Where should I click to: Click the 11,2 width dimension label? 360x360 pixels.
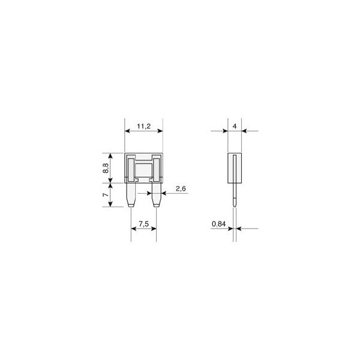coord(143,126)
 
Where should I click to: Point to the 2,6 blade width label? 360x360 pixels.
coord(180,189)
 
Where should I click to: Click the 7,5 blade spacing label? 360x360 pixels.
coord(143,224)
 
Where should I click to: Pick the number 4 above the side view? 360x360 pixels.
coord(235,126)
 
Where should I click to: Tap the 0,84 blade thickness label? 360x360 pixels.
coord(219,224)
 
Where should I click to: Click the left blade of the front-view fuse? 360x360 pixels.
coord(131,195)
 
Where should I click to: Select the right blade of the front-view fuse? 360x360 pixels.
coord(156,195)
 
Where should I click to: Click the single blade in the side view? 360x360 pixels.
coord(235,195)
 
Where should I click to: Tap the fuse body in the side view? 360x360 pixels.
coord(235,168)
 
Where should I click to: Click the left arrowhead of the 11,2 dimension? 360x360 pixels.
coord(128,131)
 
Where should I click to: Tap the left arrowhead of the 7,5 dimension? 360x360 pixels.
coord(134,229)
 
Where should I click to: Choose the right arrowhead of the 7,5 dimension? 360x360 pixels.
coord(154,229)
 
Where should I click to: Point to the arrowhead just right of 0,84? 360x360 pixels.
coord(238,229)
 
